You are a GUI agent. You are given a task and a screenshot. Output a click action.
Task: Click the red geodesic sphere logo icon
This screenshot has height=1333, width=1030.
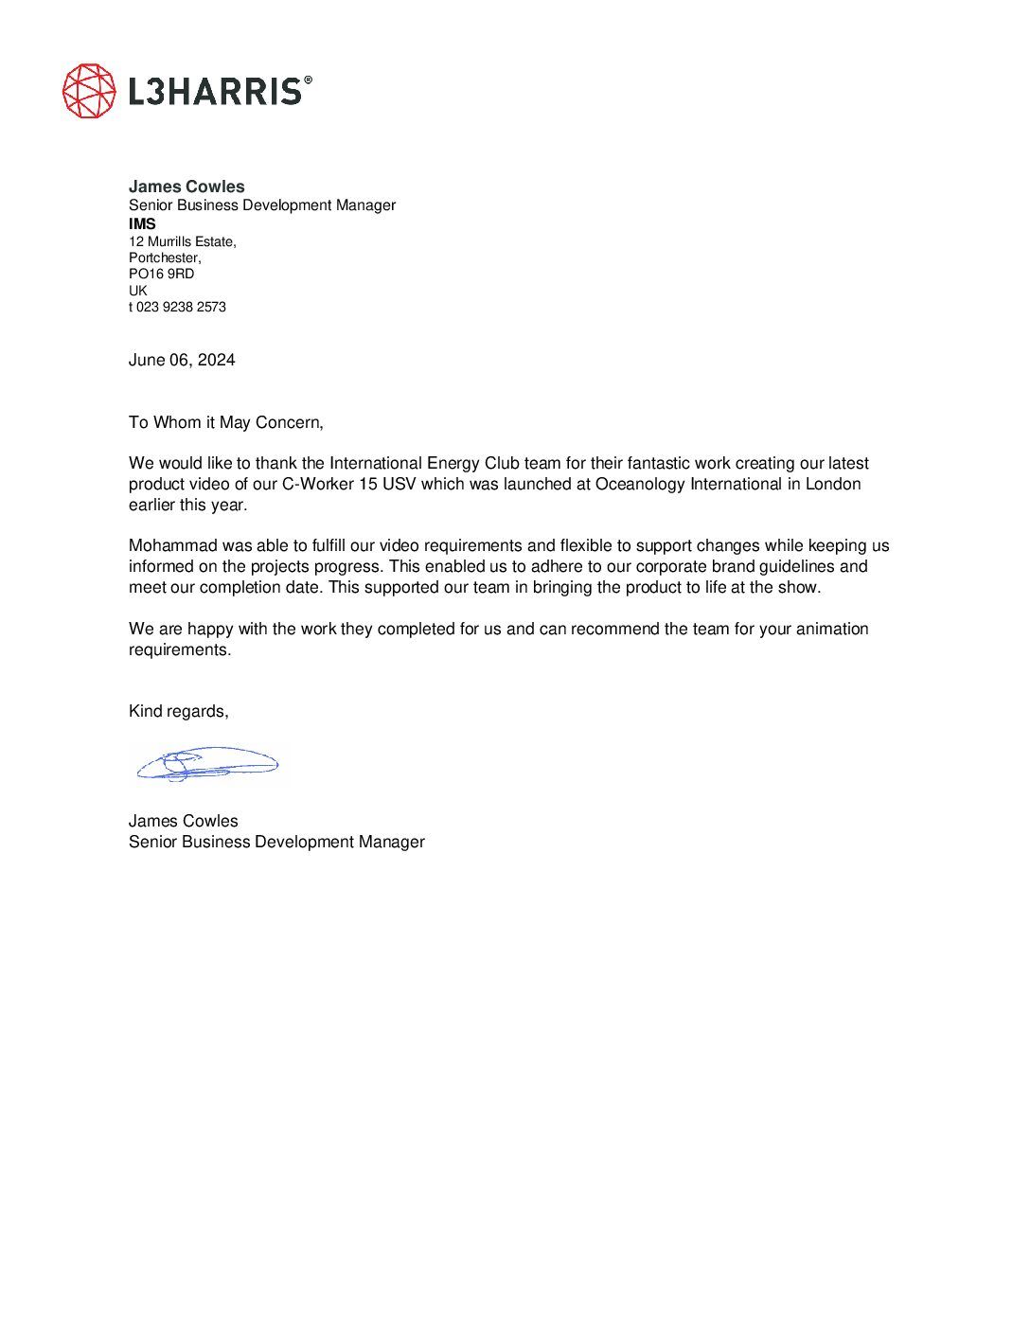point(89,91)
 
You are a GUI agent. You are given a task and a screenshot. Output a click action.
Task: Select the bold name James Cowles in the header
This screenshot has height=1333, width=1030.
point(186,187)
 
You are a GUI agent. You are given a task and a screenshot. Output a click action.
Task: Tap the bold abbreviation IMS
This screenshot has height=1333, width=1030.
point(142,224)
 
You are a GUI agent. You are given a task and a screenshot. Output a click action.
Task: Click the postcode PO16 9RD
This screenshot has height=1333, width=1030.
point(161,274)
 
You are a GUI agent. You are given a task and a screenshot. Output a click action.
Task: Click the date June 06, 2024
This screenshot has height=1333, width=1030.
point(182,360)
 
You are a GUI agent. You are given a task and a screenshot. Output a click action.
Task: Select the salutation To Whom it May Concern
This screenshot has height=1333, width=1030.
point(225,422)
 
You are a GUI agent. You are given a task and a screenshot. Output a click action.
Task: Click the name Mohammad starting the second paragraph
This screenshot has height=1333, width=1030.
point(173,545)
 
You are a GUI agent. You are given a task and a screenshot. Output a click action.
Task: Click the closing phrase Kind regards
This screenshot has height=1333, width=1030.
point(178,711)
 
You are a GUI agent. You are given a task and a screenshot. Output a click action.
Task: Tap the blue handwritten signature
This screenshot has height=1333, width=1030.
point(206,763)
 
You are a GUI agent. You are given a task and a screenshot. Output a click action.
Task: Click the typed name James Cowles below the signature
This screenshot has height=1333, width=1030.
point(184,821)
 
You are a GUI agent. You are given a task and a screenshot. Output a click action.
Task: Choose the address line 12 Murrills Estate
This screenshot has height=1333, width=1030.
point(182,241)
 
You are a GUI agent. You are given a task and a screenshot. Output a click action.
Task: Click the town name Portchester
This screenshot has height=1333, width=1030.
point(165,258)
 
